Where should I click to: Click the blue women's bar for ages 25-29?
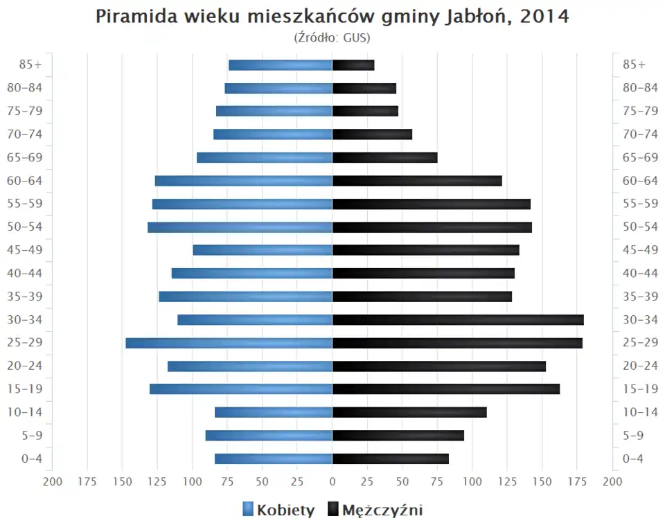coord(229,343)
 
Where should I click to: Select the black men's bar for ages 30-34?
coord(458,319)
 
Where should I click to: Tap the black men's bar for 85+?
coord(353,65)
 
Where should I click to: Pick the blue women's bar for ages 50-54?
coord(240,227)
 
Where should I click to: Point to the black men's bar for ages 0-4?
coord(391,459)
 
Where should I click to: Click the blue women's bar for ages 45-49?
coord(263,250)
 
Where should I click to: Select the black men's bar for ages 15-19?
coord(446,389)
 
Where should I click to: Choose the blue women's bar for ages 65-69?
coord(265,157)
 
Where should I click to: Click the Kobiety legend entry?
coord(278,511)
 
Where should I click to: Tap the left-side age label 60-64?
coord(26,181)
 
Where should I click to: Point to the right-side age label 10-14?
coord(640,412)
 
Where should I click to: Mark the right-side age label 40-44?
coord(640,273)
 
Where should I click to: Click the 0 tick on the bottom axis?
coord(332,481)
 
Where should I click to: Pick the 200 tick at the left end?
coord(53,481)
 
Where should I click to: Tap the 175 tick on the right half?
coord(577,481)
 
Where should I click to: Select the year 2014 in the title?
coord(544,17)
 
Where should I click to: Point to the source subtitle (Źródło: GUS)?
coord(332,37)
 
